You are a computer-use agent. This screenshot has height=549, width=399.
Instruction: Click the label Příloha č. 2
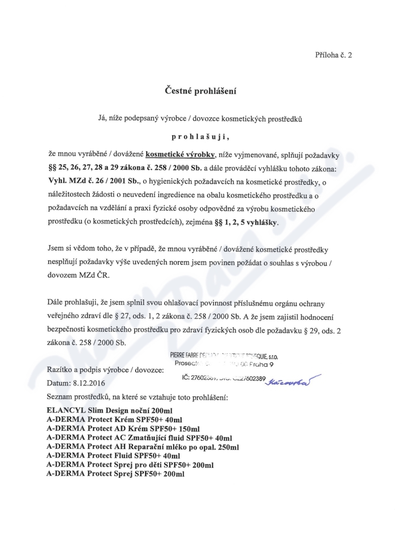point(334,55)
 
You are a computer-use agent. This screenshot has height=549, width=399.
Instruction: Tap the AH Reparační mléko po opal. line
point(143,447)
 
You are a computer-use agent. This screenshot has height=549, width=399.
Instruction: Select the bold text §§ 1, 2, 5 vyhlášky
point(241,224)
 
